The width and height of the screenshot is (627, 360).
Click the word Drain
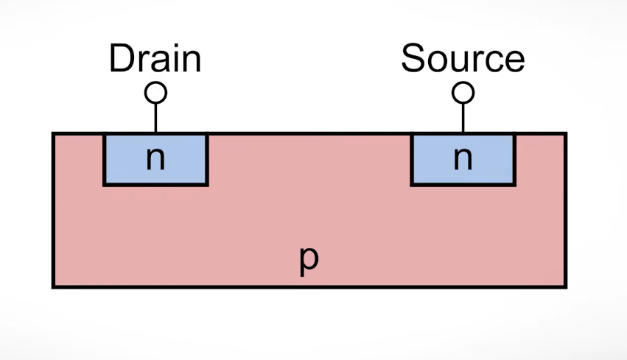pyautogui.click(x=155, y=59)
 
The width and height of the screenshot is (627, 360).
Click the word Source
pyautogui.click(x=463, y=59)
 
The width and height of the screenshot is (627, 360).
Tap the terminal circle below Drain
pyautogui.click(x=155, y=93)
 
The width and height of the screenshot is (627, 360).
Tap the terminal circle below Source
pyautogui.click(x=463, y=93)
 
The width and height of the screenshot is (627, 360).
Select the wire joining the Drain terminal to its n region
pyautogui.click(x=155, y=118)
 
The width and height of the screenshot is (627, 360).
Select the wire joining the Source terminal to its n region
pyautogui.click(x=463, y=118)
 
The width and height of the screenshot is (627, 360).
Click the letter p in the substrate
pyautogui.click(x=309, y=261)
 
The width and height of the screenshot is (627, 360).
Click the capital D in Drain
pyautogui.click(x=122, y=59)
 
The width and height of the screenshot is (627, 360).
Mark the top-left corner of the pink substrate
pyautogui.click(x=53, y=133)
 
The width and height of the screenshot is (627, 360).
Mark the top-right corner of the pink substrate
pyautogui.click(x=566, y=133)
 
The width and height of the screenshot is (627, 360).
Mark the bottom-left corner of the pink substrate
pyautogui.click(x=53, y=286)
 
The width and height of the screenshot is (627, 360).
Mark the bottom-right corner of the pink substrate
pyautogui.click(x=566, y=286)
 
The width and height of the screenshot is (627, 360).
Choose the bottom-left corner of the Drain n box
pyautogui.click(x=104, y=185)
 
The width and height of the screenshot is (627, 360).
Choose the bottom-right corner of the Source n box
pyautogui.click(x=514, y=185)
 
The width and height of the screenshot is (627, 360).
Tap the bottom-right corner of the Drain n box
pyautogui.click(x=208, y=185)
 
